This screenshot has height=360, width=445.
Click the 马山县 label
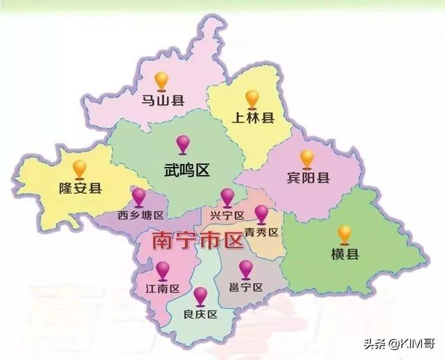click(163, 101)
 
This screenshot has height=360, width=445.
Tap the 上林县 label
click(253, 117)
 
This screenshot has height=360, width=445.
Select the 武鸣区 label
click(186, 170)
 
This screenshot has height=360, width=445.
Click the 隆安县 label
click(80, 188)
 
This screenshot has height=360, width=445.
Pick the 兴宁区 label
click(227, 216)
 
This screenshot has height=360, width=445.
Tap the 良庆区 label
click(202, 314)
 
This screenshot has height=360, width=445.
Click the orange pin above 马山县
click(162, 79)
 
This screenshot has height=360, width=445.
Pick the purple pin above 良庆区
click(201, 295)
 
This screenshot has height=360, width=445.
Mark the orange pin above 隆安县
click(80, 167)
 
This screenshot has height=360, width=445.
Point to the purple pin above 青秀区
click(261, 213)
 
